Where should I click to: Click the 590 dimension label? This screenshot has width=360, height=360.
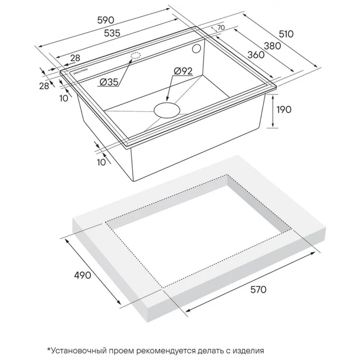105,21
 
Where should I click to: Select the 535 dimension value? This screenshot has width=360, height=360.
112,33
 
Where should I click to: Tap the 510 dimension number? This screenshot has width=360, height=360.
286,34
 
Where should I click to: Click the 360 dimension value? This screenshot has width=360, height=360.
256,55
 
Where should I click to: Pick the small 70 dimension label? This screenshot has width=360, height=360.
220,28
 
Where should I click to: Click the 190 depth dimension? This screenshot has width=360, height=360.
284,109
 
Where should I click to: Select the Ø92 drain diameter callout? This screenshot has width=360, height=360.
183,71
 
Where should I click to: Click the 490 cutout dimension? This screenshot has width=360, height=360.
82,275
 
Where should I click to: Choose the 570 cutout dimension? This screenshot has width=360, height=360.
258,290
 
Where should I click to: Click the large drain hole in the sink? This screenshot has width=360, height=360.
166,111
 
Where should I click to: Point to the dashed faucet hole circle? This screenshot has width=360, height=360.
136,55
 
